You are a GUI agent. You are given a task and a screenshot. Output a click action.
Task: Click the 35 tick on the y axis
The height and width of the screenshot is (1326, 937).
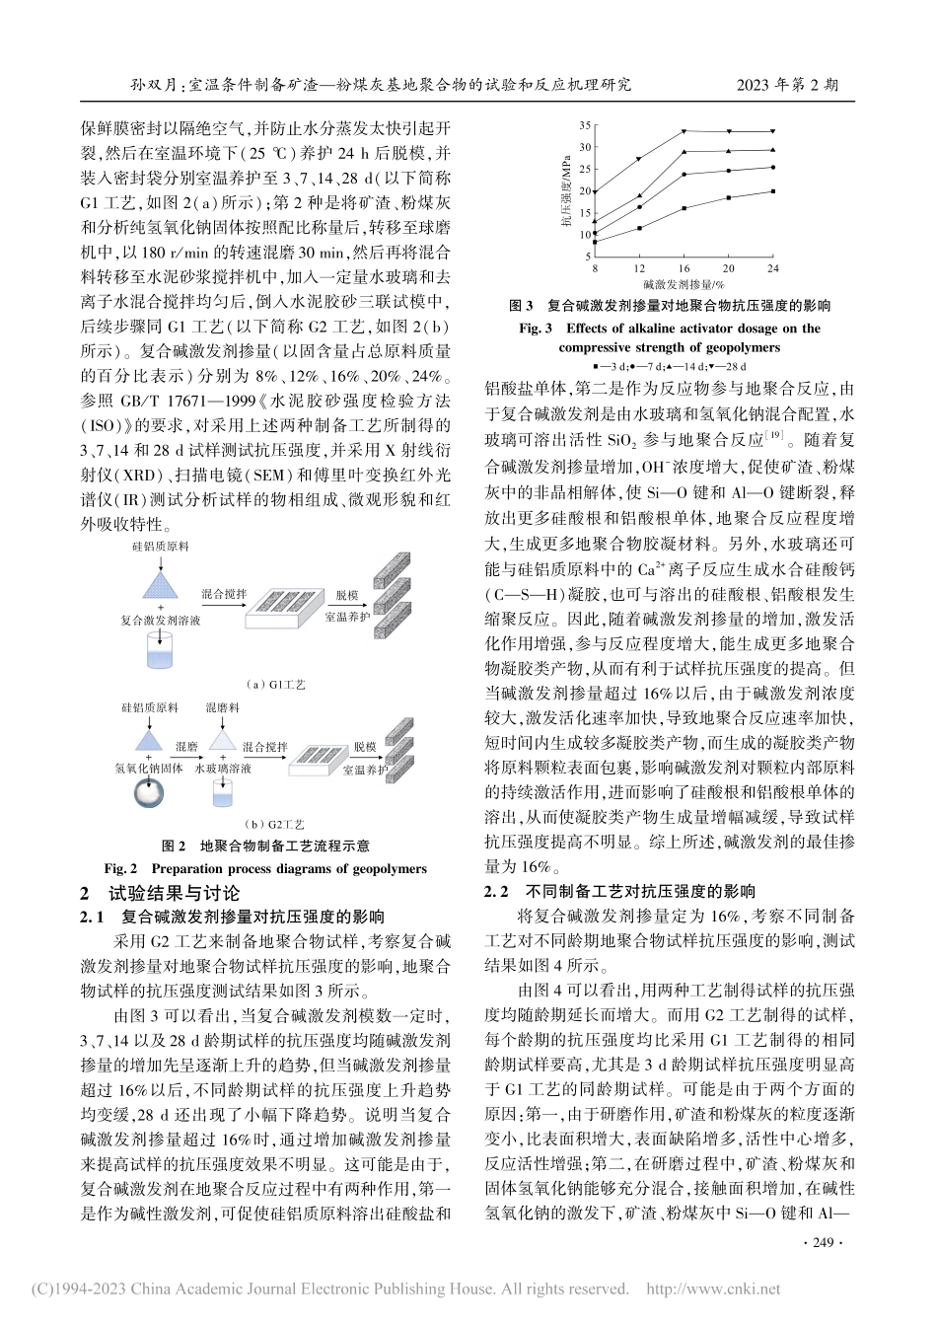click(584, 125)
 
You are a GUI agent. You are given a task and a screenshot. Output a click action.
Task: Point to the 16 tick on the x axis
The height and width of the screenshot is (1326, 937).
click(685, 267)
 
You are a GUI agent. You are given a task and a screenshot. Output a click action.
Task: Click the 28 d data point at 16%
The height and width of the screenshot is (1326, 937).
click(685, 130)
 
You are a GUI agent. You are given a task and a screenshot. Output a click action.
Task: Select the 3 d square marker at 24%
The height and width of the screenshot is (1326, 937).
click(772, 191)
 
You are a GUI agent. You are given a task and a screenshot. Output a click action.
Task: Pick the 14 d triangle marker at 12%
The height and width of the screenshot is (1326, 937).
click(639, 195)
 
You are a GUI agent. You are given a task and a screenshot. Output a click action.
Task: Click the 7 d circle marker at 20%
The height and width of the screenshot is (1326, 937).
click(729, 171)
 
